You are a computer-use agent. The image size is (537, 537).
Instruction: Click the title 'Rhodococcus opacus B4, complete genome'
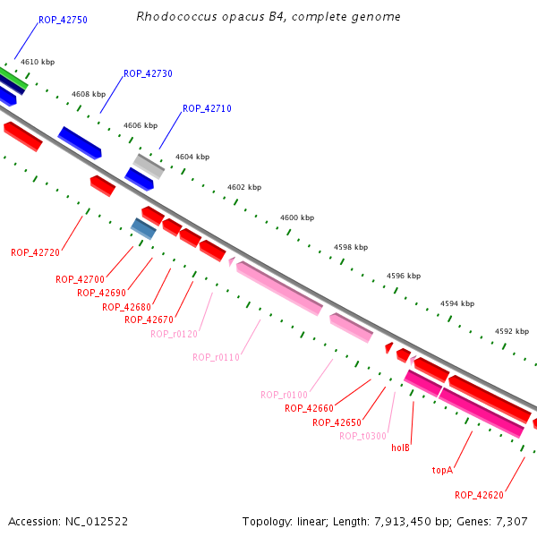268,17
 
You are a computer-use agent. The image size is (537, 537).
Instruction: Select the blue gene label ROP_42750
63,20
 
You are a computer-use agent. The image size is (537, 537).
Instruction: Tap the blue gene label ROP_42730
148,73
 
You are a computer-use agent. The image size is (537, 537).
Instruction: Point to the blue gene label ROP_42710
207,108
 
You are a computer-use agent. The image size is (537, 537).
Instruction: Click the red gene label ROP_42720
35,252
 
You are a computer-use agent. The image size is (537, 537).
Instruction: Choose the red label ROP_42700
80,279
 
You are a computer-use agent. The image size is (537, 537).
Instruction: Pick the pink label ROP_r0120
174,334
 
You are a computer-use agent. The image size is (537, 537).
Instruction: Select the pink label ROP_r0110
216,357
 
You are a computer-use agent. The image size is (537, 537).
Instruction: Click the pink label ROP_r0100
284,395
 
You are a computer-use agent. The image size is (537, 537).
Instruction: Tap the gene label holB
400,447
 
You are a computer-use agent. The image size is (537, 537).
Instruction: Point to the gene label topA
442,470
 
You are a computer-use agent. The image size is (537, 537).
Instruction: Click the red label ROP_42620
479,495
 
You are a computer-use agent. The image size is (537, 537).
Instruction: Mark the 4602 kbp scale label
244,188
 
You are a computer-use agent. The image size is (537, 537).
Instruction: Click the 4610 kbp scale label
37,63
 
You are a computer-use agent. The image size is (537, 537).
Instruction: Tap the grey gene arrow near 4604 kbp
149,166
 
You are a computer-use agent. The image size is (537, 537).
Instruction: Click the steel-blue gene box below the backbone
143,228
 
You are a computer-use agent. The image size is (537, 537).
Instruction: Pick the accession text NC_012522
68,521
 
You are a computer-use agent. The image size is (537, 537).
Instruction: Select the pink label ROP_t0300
362,436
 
